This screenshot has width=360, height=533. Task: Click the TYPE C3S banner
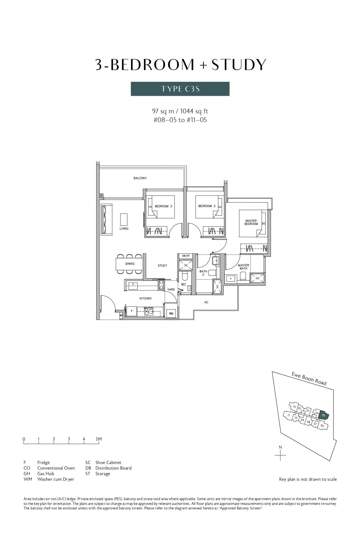coord(180,89)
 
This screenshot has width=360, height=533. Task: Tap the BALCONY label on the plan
coord(140,178)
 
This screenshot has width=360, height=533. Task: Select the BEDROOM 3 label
coord(163,206)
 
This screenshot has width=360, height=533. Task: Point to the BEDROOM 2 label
coord(207,206)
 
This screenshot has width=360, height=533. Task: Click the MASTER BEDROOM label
coord(251,222)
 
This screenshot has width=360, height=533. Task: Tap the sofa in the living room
coord(106,219)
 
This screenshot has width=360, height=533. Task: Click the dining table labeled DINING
coord(130,264)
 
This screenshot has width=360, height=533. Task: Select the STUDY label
coord(162,265)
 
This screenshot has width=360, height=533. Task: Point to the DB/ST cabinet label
coord(186,256)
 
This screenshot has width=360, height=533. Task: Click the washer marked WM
coord(171,313)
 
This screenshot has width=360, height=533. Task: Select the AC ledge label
coord(206,302)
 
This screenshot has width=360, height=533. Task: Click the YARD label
coord(171,290)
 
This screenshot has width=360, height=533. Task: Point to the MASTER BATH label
coord(243,267)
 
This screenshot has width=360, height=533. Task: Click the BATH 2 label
coord(203,273)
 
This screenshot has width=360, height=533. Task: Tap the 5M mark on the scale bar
coord(99,439)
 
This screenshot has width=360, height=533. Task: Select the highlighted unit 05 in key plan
coord(323,415)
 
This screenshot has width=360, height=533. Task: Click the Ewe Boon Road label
coord(309,379)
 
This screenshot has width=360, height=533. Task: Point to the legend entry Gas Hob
coord(46,474)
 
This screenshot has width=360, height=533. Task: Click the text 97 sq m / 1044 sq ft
coord(180,111)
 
